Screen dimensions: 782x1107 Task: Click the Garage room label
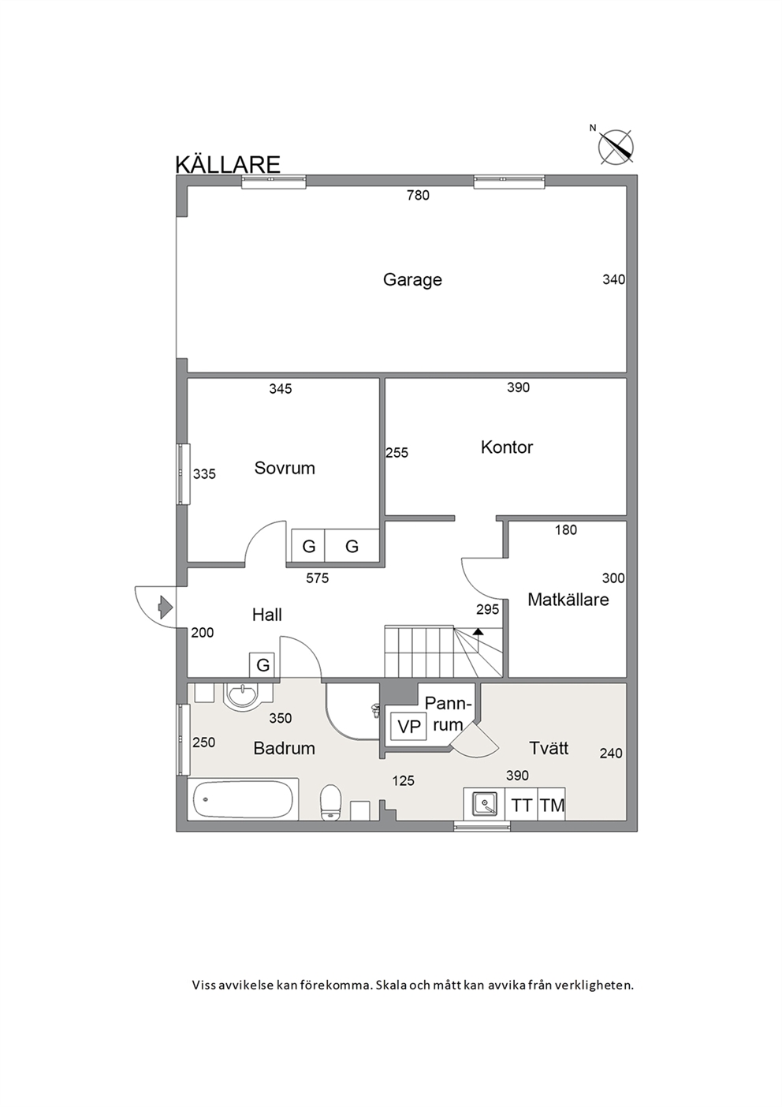[x=412, y=280]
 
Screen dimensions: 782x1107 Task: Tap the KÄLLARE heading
[x=228, y=165]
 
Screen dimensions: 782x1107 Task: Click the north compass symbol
[x=616, y=147]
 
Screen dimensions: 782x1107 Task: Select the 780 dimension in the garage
[x=418, y=196]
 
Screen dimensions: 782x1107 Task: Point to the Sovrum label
[x=285, y=468]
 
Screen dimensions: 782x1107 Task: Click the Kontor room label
[x=507, y=447]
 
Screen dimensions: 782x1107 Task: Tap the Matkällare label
[x=568, y=600]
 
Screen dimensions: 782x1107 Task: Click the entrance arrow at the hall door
[x=165, y=607]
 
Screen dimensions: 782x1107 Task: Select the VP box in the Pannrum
[x=409, y=727]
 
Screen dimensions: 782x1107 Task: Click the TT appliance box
[x=521, y=806]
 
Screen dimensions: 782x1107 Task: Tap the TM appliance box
[x=552, y=806]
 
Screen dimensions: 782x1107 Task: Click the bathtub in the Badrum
[x=243, y=799]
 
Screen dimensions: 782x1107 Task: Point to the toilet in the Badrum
[x=330, y=803]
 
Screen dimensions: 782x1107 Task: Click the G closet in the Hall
[x=263, y=665]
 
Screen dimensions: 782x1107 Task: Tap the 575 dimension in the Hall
[x=317, y=578]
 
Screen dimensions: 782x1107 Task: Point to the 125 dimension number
[x=404, y=781]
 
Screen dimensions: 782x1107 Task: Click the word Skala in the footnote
[x=390, y=985]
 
